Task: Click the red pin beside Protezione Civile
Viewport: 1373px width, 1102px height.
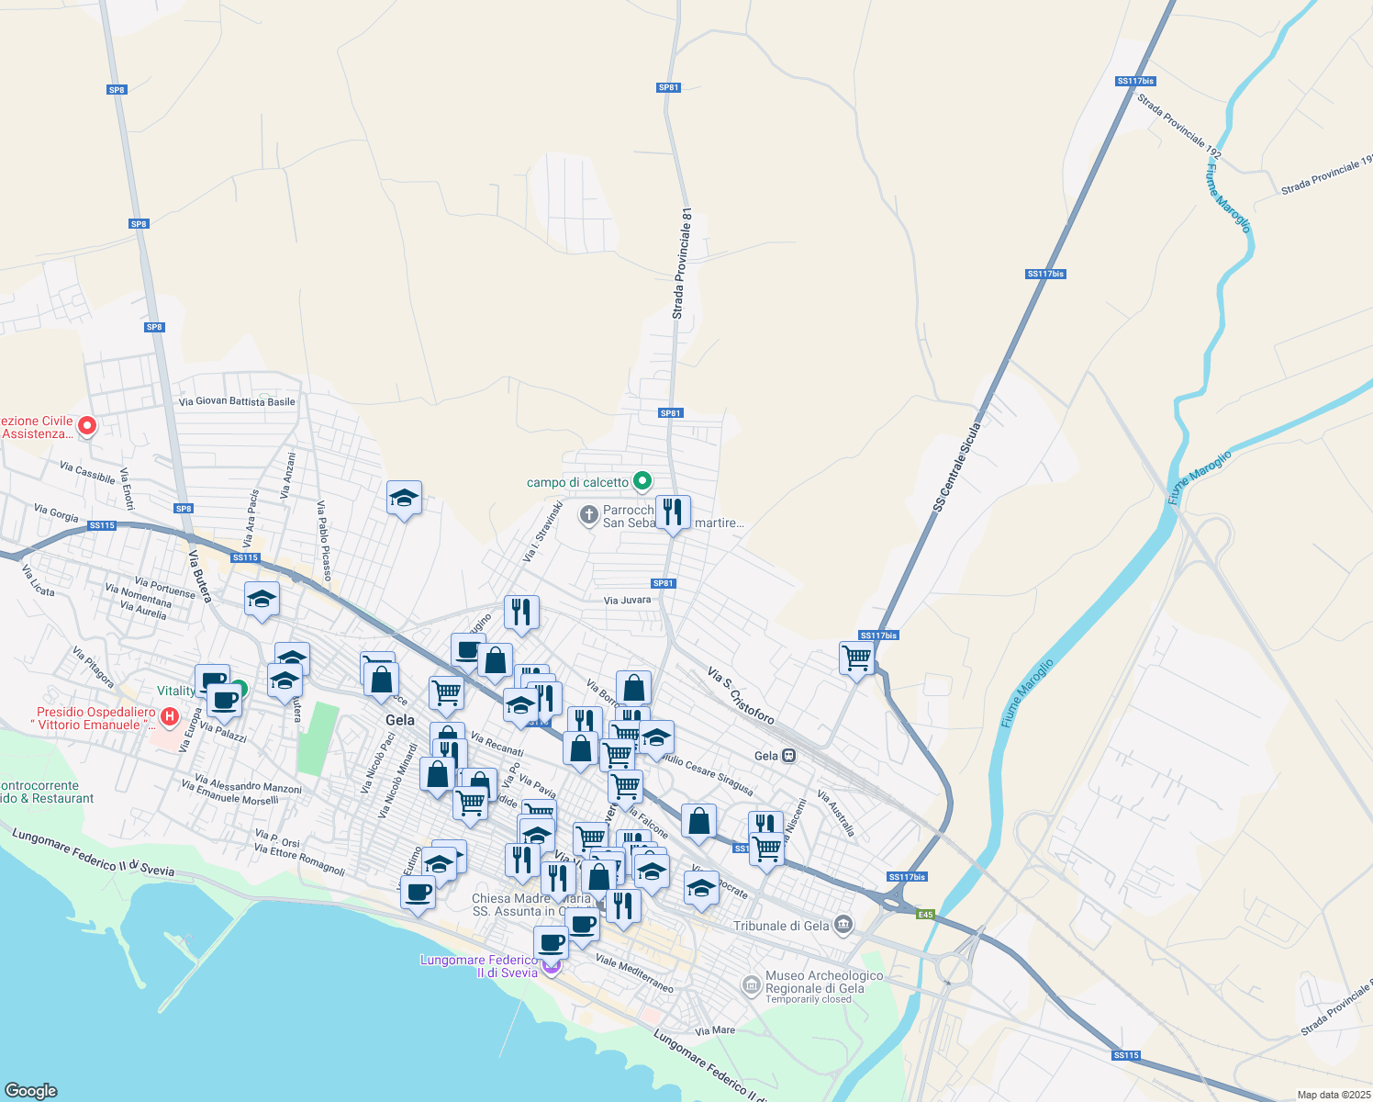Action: [x=87, y=425]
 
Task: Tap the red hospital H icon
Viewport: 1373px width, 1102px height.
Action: [x=170, y=716]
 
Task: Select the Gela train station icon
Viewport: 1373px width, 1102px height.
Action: [x=788, y=756]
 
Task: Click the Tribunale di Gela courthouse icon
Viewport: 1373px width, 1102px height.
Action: [x=844, y=924]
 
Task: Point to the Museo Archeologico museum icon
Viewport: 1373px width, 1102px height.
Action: [x=752, y=985]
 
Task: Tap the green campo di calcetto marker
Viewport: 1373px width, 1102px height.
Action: [x=642, y=480]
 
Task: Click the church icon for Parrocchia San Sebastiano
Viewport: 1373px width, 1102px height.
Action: [x=589, y=515]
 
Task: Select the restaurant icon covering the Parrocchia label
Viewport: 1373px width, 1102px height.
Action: [x=673, y=512]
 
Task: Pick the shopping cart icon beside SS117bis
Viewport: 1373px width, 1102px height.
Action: [x=856, y=658]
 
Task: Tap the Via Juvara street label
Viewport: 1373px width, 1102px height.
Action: [x=627, y=601]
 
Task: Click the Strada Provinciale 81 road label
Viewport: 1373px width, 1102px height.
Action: [x=681, y=264]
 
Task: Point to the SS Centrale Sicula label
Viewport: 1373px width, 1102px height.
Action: [x=957, y=467]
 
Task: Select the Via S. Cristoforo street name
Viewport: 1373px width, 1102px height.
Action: [x=741, y=695]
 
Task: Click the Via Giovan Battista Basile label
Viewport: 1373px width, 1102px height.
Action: [x=237, y=401]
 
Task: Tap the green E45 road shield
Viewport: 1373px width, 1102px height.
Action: [x=925, y=914]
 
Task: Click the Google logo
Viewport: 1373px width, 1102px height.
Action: [x=30, y=1091]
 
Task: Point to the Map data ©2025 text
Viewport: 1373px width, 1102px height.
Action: [x=1333, y=1095]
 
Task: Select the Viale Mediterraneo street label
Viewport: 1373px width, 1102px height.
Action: [x=634, y=973]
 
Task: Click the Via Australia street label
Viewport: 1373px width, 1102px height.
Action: [x=836, y=814]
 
